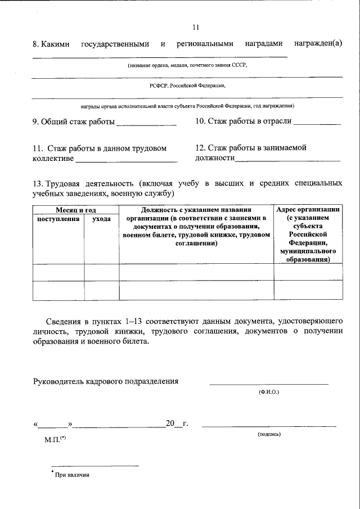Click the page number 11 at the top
coord(196,26)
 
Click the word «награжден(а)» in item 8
coord(318,44)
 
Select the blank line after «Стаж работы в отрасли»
coord(317,123)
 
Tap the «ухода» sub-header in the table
coord(101,219)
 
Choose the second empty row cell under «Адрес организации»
coord(308,290)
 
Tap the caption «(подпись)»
coord(269,434)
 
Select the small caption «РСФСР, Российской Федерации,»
coord(187,86)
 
